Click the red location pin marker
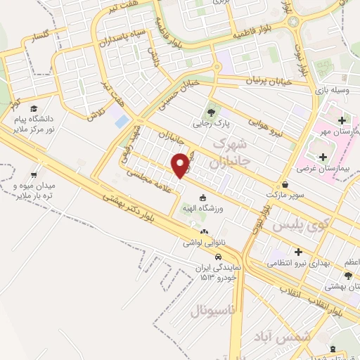point(181,165)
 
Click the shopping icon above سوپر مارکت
point(284,181)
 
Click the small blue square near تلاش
point(122,121)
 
